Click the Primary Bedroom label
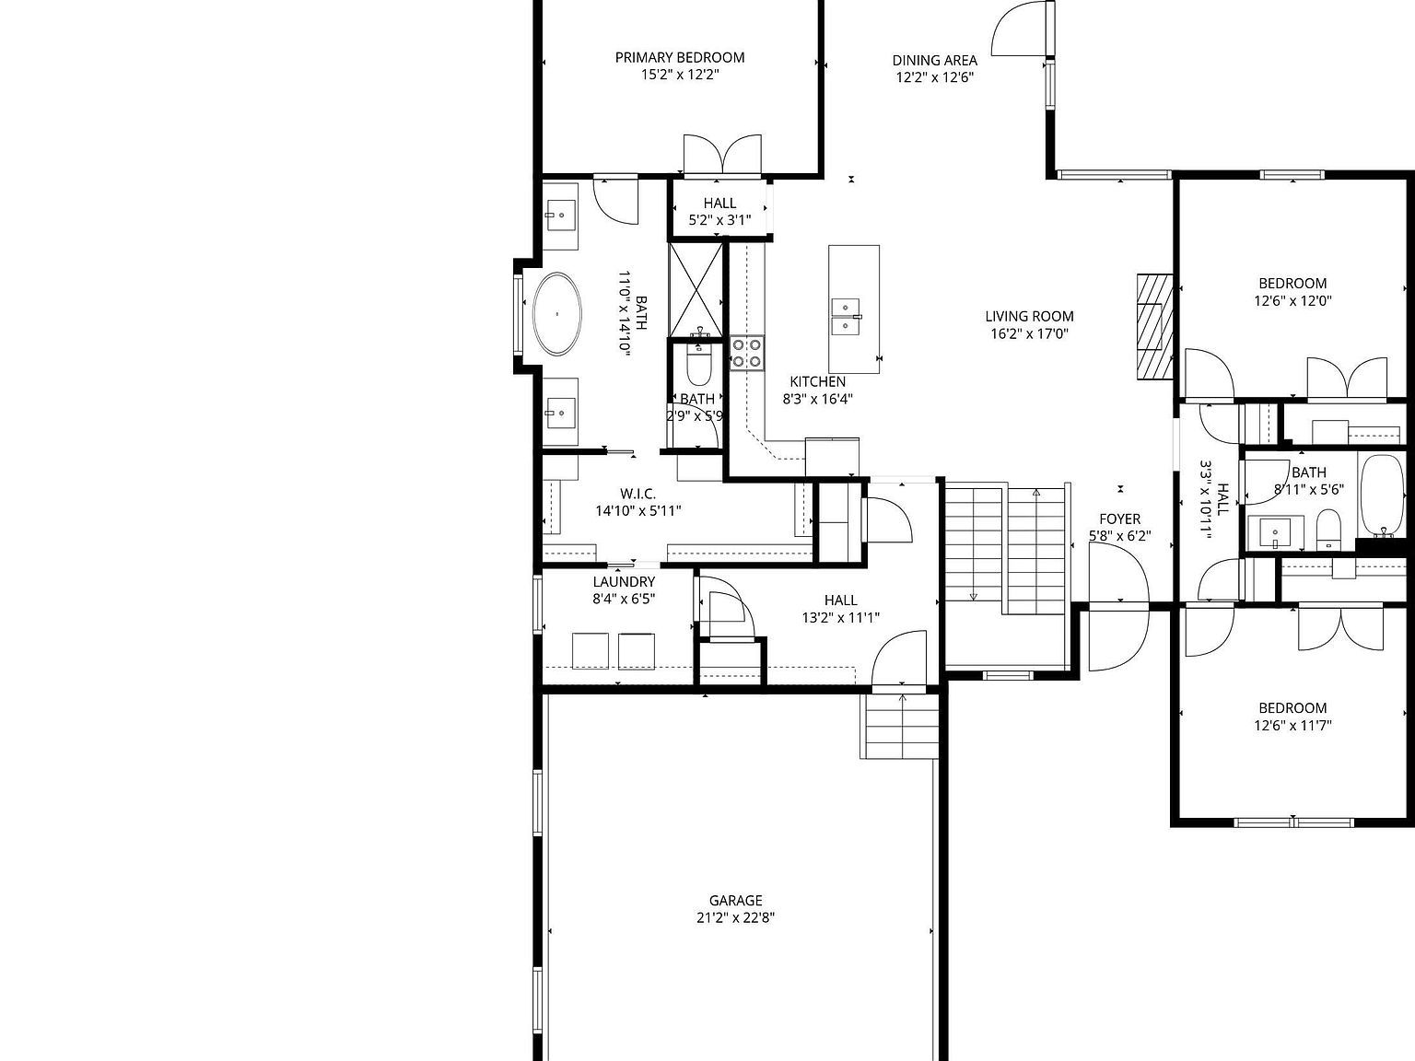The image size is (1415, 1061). [680, 57]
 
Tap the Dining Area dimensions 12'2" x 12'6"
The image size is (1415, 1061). [934, 78]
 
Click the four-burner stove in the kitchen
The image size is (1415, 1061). [747, 352]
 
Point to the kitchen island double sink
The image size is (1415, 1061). [846, 317]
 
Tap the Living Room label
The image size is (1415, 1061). [1029, 316]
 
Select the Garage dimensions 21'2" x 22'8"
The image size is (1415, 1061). [735, 917]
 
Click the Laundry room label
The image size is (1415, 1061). [624, 582]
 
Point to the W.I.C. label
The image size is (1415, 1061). [637, 494]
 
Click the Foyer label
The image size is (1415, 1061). [1119, 519]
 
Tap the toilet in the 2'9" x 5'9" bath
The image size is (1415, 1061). [700, 367]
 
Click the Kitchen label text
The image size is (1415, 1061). [817, 381]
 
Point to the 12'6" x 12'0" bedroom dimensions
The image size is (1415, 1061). [1292, 300]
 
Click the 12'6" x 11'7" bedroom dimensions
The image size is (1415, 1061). [1292, 725]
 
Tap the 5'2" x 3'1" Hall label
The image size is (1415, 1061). [719, 204]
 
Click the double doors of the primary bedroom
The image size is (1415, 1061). [722, 154]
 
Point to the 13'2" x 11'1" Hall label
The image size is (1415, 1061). [840, 600]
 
